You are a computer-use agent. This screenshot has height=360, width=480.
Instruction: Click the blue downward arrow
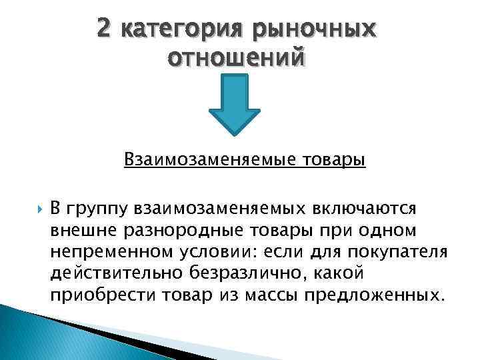click(234, 107)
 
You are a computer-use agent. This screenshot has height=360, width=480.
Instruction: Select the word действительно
click(106, 273)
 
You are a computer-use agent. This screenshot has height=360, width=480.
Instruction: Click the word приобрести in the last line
click(93, 295)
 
